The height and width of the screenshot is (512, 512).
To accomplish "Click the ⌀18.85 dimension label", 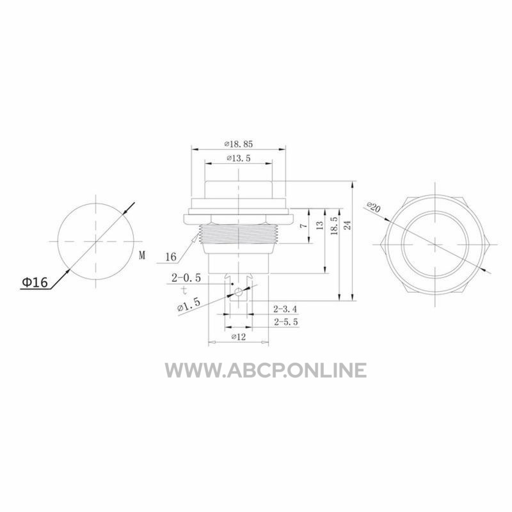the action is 238,144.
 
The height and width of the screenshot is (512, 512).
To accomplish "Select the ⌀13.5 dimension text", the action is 238,158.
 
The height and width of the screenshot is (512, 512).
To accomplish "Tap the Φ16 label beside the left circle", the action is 35,282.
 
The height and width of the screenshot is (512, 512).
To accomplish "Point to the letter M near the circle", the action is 141,255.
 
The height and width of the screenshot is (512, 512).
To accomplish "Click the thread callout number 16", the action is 170,257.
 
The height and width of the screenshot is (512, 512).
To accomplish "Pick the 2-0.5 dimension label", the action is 186,278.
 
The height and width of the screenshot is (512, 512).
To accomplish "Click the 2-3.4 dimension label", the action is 285,308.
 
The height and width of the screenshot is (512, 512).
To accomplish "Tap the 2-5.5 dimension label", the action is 286,322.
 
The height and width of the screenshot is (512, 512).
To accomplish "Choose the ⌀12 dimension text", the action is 238,337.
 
